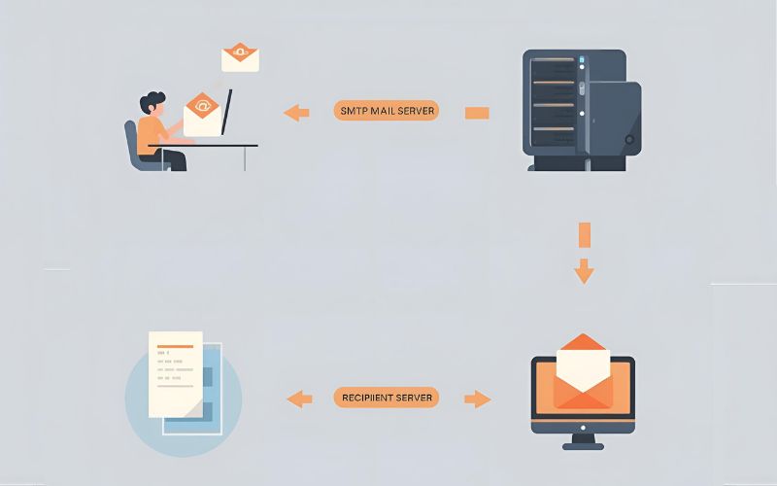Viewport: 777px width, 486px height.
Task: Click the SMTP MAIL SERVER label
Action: click(x=387, y=111)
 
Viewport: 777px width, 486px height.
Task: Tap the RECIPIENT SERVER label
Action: click(x=387, y=398)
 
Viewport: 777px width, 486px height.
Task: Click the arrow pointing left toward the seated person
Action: click(x=296, y=113)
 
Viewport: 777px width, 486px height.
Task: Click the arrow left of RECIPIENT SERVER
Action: click(x=299, y=398)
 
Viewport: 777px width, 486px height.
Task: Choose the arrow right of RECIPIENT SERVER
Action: click(x=477, y=398)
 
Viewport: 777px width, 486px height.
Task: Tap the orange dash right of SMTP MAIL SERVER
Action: click(x=477, y=113)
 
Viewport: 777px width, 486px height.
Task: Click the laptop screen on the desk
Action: click(x=227, y=113)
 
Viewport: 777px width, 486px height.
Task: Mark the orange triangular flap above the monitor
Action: click(x=583, y=342)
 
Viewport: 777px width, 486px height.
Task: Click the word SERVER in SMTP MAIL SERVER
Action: click(x=415, y=111)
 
